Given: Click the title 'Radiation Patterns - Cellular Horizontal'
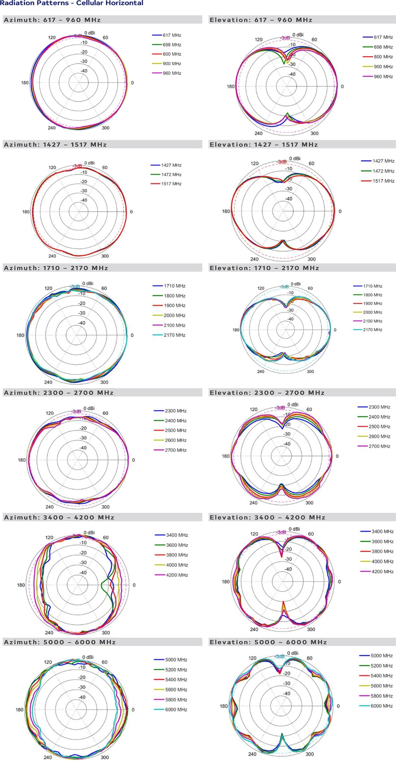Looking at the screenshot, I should [x=71, y=3].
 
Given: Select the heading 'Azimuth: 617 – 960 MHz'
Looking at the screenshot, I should [x=52, y=20].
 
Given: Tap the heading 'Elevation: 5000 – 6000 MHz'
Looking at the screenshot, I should [x=268, y=642].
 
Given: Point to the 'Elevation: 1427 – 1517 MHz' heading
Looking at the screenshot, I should [x=264, y=145].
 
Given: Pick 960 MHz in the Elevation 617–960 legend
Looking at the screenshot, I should [x=383, y=77].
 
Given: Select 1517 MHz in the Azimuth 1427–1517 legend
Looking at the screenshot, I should [x=172, y=184].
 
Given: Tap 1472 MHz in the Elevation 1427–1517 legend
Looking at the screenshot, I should [x=383, y=171].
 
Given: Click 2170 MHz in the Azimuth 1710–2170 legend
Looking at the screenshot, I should [x=174, y=335].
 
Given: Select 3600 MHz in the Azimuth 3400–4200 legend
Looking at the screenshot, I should [x=177, y=545].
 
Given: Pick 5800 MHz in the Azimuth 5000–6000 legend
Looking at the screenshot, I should [x=176, y=700].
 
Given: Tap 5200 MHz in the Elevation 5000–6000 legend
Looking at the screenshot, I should [x=381, y=666].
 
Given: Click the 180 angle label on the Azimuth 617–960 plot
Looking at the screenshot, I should [x=25, y=83].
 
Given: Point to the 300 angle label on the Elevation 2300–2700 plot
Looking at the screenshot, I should [x=309, y=503].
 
